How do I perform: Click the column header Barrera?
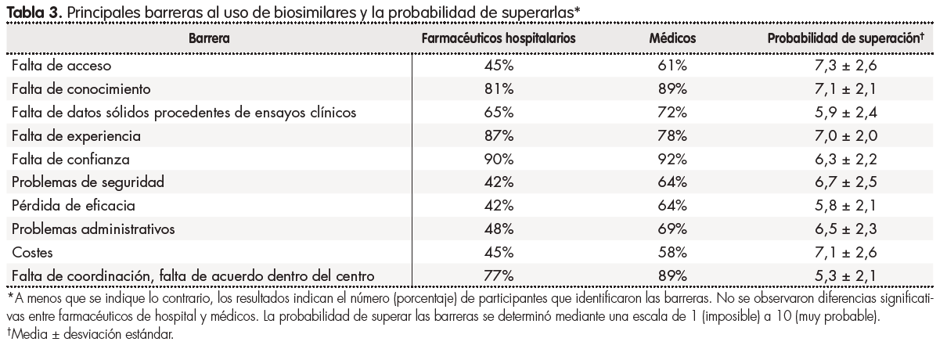click(x=210, y=38)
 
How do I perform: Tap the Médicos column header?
click(x=672, y=38)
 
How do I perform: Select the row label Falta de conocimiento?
click(x=80, y=88)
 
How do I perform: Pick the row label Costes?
click(x=33, y=252)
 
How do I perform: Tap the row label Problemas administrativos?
click(x=92, y=229)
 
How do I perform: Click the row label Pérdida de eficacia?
click(x=74, y=205)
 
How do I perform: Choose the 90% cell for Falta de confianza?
click(x=499, y=159)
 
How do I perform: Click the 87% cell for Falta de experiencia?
click(x=499, y=135)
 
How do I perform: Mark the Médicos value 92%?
click(x=672, y=159)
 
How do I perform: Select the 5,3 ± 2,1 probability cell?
click(x=845, y=275)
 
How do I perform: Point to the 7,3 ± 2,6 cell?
click(x=845, y=65)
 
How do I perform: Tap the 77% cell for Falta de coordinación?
click(x=499, y=275)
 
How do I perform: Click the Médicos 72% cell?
click(x=672, y=112)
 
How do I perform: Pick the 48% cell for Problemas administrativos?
click(x=499, y=229)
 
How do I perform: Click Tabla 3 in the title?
click(x=30, y=10)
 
